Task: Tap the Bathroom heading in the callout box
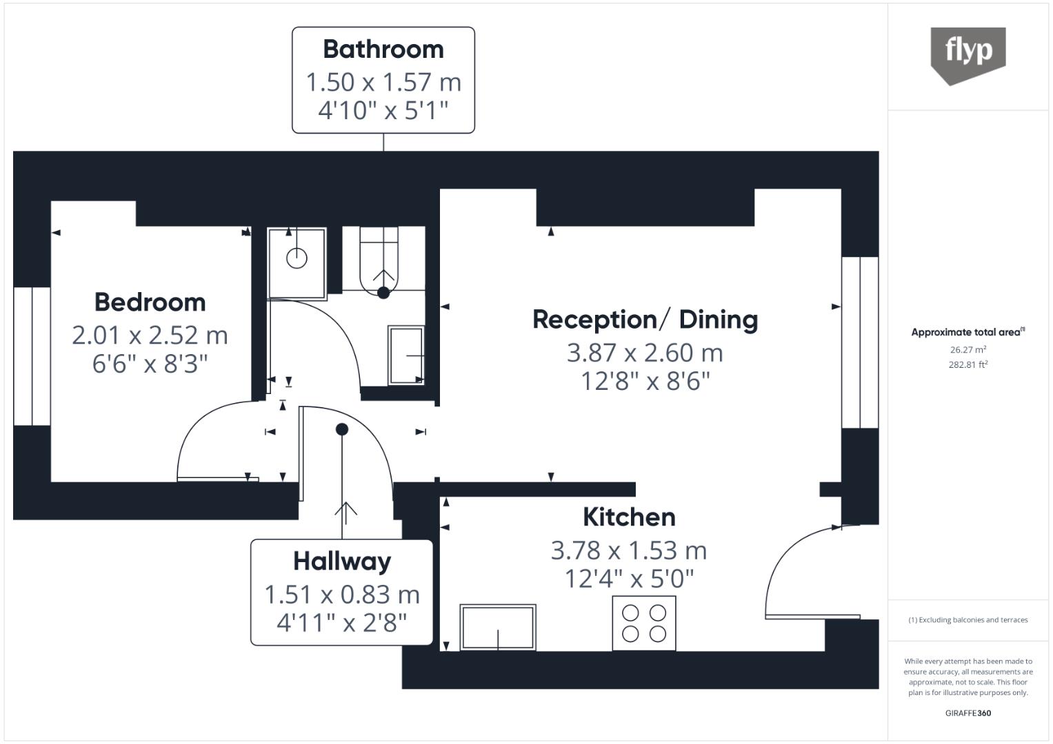383,50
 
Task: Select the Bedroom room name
150,302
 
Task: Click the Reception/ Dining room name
645,320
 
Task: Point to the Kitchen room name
629,517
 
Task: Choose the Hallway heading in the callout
342,561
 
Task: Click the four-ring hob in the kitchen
644,623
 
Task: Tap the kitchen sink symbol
498,627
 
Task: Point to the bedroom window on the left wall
32,356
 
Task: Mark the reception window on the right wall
860,342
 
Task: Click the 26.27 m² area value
967,350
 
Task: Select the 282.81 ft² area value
967,365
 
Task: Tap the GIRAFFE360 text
967,713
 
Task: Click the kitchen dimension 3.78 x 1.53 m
629,550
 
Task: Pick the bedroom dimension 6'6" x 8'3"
150,364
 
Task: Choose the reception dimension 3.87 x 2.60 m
645,353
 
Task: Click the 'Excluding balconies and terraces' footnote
967,620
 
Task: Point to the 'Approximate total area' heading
967,332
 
